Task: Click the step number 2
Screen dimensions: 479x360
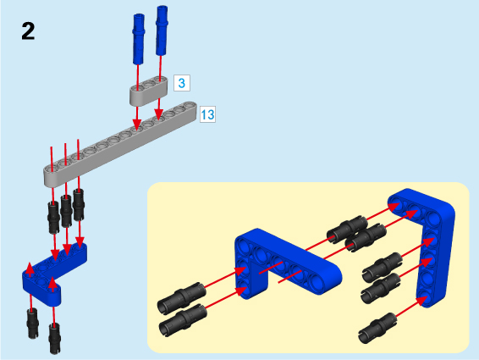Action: [x=28, y=31]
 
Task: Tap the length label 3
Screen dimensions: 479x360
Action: [x=182, y=83]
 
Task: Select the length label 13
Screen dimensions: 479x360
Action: [x=207, y=114]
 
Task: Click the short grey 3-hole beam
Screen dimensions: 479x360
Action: [x=149, y=91]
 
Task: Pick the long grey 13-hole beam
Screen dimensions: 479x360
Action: [x=120, y=144]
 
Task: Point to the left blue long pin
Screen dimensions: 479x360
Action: [x=139, y=39]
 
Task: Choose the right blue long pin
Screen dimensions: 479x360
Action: [x=162, y=30]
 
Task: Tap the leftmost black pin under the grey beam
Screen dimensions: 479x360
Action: [x=53, y=217]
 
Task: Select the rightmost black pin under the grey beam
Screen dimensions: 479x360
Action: [x=79, y=205]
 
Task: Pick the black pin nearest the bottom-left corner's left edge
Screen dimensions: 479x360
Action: [x=33, y=323]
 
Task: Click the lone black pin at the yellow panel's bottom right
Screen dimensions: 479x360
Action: [x=377, y=328]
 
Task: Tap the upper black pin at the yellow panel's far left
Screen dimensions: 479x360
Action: [x=182, y=297]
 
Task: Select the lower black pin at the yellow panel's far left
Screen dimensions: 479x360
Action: [x=184, y=320]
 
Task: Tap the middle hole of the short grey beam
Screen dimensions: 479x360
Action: [x=148, y=84]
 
